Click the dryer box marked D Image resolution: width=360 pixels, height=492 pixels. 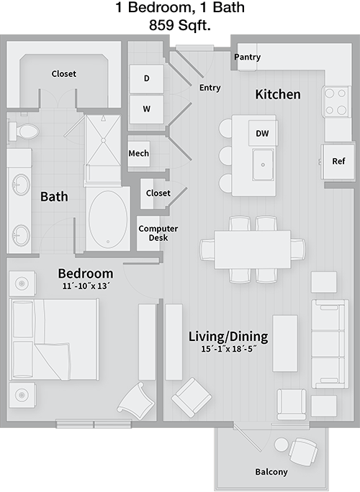(146, 78)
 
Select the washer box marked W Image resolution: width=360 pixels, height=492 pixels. (146, 109)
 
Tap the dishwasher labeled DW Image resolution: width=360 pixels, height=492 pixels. (262, 133)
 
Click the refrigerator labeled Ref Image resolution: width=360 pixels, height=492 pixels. (338, 162)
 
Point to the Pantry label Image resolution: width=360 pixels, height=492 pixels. (247, 57)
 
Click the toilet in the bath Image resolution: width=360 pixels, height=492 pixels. (23, 132)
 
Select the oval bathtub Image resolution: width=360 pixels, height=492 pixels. (108, 219)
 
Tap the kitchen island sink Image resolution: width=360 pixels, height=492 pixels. (263, 165)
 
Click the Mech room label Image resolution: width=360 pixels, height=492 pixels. (138, 153)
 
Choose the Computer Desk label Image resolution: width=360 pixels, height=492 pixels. (158, 233)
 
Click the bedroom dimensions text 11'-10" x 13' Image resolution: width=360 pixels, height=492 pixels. (85, 286)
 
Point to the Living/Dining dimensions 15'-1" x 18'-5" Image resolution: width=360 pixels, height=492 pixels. (228, 349)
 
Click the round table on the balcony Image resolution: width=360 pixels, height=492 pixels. (281, 445)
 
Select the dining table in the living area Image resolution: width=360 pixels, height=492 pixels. (253, 250)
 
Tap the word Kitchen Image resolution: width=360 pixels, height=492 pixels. (278, 94)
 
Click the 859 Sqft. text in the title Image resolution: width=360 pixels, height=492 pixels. (180, 25)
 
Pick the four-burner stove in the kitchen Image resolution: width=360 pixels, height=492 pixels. (336, 101)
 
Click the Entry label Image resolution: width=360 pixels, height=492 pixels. (210, 88)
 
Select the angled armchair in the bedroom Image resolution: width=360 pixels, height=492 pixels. (136, 401)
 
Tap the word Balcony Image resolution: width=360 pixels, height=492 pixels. (271, 472)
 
